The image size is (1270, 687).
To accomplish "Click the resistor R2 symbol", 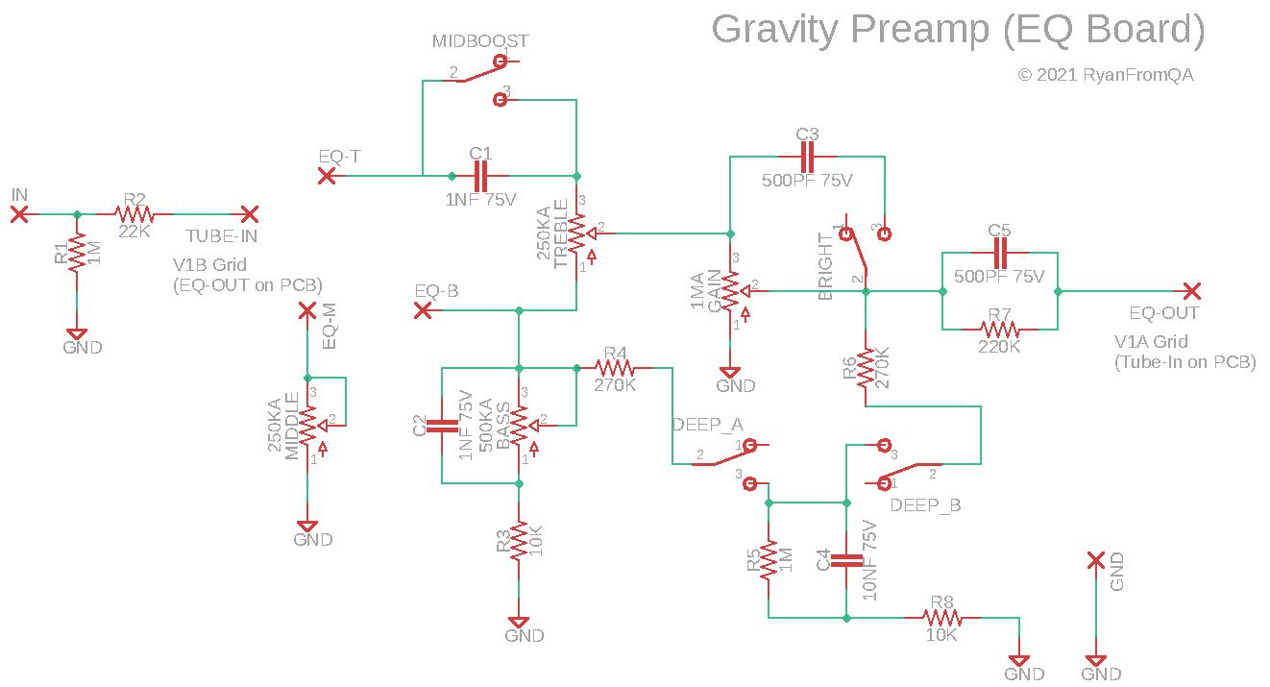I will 134,214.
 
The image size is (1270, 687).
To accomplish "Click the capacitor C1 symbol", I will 480,176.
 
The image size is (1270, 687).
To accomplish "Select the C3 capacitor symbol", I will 807,157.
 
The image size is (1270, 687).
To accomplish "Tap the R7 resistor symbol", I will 999,329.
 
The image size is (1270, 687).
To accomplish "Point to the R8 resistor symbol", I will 941,618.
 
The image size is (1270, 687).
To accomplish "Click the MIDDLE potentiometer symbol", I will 307,425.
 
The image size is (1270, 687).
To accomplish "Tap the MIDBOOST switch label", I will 479,41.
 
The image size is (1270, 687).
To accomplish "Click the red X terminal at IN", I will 19,214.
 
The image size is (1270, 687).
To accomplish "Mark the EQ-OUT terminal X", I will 1191,290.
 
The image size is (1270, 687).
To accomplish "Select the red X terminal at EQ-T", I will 327,176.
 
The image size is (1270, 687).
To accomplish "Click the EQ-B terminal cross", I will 422,309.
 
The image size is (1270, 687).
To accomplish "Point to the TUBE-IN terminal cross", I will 250,214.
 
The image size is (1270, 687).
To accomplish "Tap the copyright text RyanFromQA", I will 1137,75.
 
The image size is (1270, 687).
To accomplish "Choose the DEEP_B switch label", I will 925,505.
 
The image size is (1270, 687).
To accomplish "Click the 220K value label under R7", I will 999,347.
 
